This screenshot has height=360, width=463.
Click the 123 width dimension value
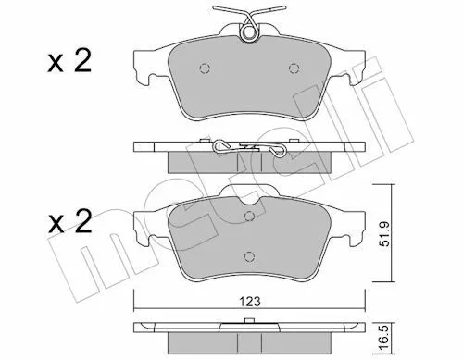250,302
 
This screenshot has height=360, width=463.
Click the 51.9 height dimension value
384,233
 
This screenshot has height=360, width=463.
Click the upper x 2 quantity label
69,62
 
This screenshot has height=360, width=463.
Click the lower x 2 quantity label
69,221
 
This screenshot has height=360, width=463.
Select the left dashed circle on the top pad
205,68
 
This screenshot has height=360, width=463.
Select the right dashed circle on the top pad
294,68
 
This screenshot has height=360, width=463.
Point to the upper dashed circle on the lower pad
249,216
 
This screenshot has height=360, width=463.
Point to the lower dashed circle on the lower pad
249,256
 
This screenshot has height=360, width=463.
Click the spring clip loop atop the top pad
249,32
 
